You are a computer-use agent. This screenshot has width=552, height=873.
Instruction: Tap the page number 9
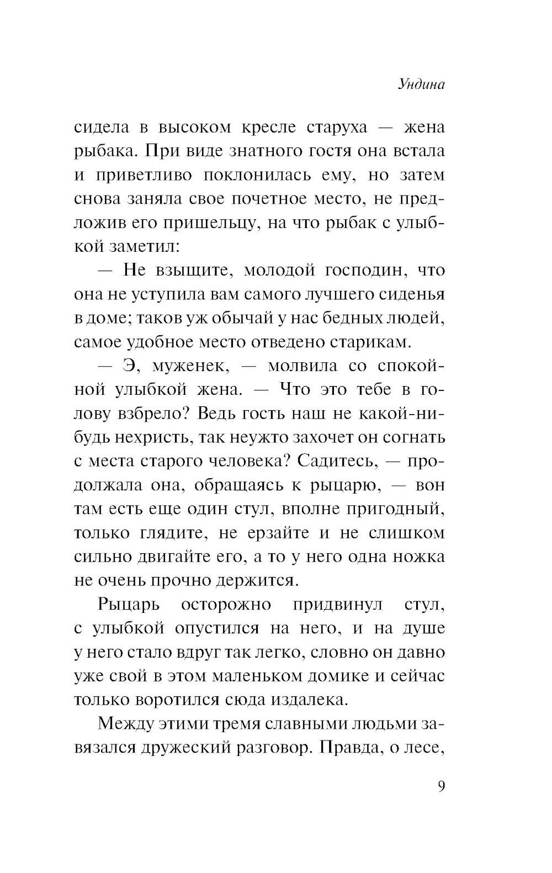[x=441, y=786]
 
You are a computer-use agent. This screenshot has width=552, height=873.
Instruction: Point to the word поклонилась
[x=263, y=175]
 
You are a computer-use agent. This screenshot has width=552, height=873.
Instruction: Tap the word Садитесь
[x=339, y=461]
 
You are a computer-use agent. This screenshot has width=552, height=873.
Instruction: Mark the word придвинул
[x=337, y=605]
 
